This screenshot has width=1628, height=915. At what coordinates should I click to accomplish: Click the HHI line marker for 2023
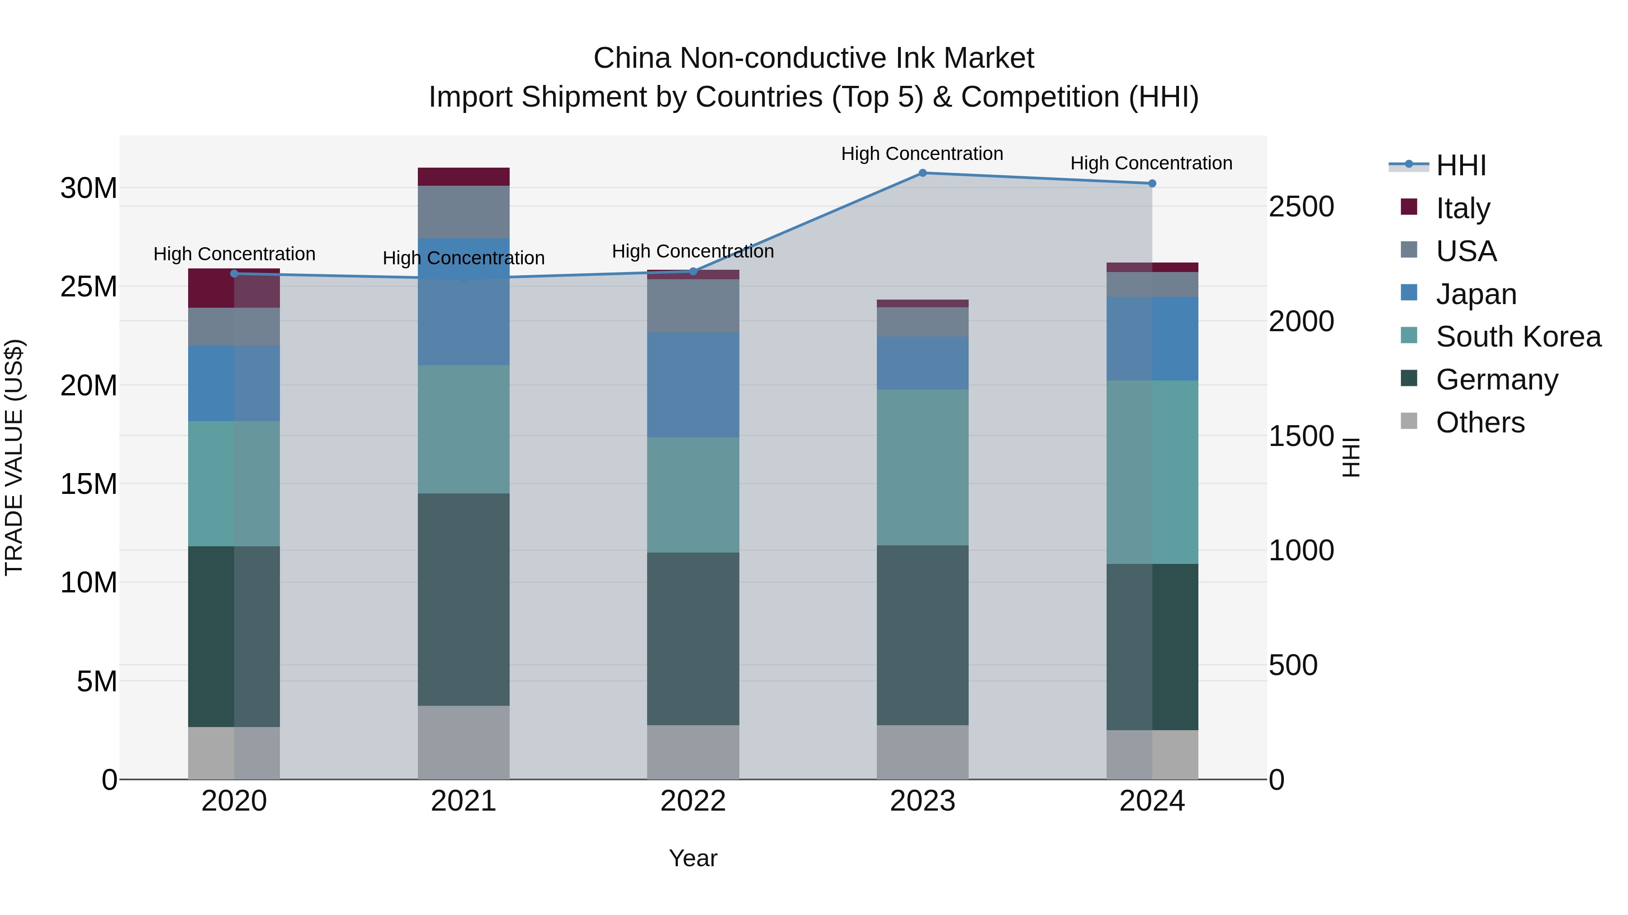[922, 173]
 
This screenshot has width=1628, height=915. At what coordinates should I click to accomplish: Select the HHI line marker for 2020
[234, 273]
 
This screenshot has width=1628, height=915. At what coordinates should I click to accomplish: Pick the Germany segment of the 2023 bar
[922, 635]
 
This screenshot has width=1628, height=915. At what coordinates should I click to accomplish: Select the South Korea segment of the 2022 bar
[693, 495]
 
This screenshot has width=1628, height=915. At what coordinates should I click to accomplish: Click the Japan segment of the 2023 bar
[922, 363]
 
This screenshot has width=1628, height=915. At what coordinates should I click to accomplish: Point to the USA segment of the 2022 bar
[693, 305]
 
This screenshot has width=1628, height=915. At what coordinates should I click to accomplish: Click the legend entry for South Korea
[1518, 337]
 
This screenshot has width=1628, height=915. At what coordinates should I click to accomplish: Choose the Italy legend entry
[1462, 208]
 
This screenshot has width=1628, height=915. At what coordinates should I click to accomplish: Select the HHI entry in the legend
[1461, 165]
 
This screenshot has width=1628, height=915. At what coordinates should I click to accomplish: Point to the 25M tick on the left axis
[89, 286]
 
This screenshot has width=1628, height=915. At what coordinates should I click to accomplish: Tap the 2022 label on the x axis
[693, 801]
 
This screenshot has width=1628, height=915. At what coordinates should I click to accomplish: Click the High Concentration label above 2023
[922, 154]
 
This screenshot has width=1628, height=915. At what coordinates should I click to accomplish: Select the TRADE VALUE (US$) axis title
[14, 457]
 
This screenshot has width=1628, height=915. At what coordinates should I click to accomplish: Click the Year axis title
[693, 858]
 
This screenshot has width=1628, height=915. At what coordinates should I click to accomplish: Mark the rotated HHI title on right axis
[1350, 457]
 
